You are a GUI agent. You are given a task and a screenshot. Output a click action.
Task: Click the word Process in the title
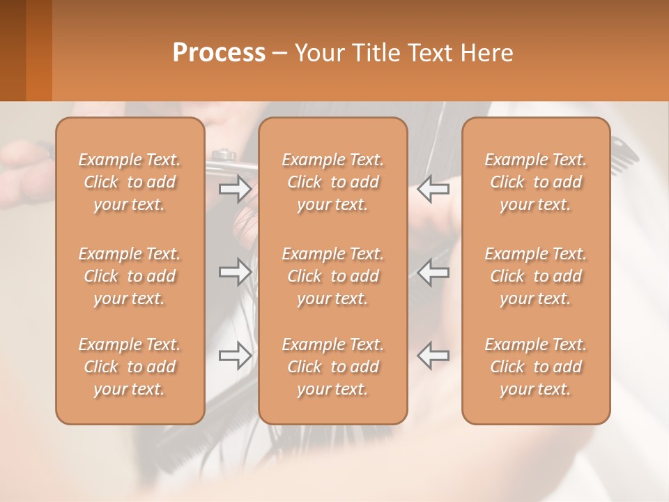click(x=219, y=53)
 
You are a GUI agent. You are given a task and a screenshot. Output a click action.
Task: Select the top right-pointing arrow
click(x=236, y=188)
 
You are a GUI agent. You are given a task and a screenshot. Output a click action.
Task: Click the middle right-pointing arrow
click(x=236, y=272)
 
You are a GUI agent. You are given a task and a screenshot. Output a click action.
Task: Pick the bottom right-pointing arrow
click(x=236, y=356)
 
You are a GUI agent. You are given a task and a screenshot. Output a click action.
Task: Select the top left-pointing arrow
click(x=433, y=188)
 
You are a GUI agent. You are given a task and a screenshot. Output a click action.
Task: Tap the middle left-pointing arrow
click(x=433, y=272)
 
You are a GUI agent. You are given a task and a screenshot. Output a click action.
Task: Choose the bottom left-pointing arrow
click(x=433, y=356)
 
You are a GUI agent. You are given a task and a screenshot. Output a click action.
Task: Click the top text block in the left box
click(x=130, y=182)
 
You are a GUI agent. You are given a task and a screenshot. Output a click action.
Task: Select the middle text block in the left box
click(x=130, y=276)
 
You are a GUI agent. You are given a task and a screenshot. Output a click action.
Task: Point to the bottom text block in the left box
click(x=130, y=367)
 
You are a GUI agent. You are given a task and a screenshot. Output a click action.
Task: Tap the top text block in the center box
click(x=333, y=182)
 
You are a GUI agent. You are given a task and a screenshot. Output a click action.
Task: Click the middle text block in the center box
click(x=333, y=276)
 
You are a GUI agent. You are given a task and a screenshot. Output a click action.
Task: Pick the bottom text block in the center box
click(x=333, y=367)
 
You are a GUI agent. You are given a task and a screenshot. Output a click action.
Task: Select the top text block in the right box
click(x=536, y=182)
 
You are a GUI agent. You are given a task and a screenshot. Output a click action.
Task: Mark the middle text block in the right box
click(x=536, y=276)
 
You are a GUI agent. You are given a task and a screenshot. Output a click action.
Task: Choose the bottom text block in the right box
click(x=536, y=367)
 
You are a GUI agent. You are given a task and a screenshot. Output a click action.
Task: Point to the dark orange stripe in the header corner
click(x=39, y=50)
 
